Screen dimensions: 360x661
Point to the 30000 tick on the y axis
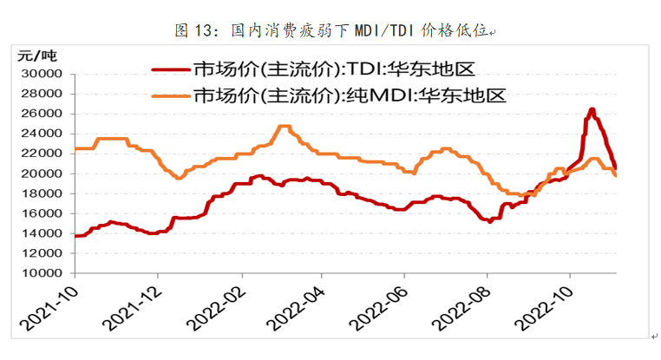[43, 74]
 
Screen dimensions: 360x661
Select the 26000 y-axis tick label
[43, 114]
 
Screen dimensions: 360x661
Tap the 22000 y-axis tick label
[43, 154]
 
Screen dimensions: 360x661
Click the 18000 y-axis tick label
[43, 193]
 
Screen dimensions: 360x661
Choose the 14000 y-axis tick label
[43, 233]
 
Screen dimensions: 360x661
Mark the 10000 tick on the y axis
[43, 273]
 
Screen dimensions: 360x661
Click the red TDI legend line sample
[172, 69]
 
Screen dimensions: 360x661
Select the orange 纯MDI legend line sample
[172, 95]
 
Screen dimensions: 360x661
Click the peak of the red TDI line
[592, 109]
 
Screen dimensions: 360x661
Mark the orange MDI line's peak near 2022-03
[283, 127]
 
